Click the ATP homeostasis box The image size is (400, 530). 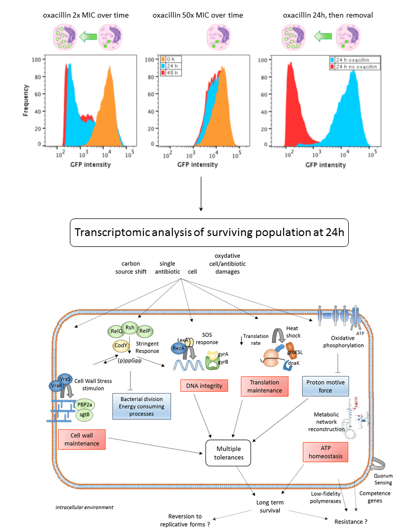pos(325,452)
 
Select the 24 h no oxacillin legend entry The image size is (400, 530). pos(355,67)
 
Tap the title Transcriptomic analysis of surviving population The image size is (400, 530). pos(200,232)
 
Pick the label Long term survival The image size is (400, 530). pos(270,506)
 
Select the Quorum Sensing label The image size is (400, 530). pos(383,479)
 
